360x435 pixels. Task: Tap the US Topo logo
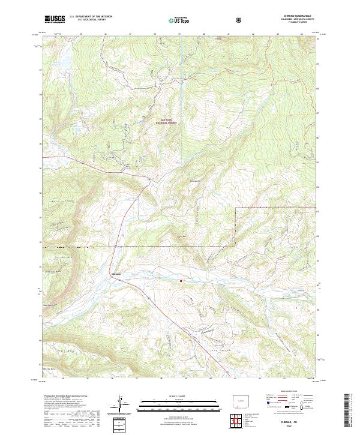[177, 20]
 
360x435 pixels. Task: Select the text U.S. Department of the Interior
[91, 17]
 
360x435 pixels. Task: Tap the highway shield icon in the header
[240, 20]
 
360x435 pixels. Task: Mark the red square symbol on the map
[181, 279]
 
